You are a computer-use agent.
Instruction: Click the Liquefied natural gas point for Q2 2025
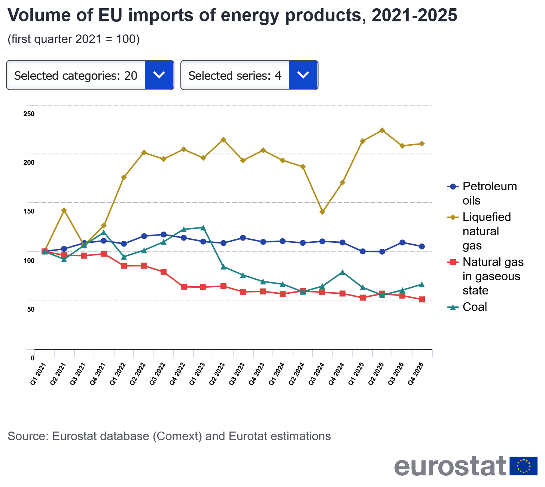click(382, 130)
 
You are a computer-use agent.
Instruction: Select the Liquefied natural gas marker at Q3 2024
click(322, 212)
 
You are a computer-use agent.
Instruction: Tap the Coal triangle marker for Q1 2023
click(203, 227)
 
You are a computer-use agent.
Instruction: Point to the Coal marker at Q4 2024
click(342, 272)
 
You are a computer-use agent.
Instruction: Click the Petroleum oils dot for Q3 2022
click(164, 235)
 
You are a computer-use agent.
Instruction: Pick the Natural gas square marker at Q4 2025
click(422, 299)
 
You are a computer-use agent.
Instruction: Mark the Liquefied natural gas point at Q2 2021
click(64, 210)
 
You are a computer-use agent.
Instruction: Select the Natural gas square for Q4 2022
click(184, 287)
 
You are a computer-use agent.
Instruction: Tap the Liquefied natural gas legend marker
click(453, 217)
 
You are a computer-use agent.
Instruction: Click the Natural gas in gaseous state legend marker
click(453, 262)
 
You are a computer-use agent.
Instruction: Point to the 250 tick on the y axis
click(29, 114)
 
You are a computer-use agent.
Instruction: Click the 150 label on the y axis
click(29, 211)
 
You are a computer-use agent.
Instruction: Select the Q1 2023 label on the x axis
click(197, 373)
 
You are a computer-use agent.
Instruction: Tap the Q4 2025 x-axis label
click(416, 373)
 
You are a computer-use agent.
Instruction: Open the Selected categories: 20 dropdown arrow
click(159, 75)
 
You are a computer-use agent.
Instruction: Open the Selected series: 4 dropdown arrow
click(303, 75)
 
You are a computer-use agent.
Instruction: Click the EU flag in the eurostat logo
click(523, 466)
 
